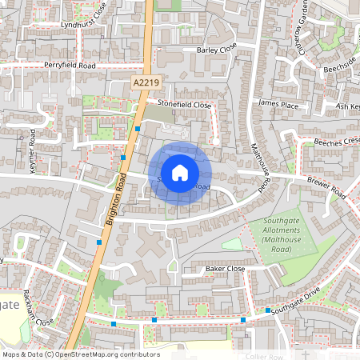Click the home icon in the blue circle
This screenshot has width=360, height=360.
coord(180,172)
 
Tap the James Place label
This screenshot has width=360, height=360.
coord(278,104)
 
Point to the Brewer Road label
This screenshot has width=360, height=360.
coord(326,188)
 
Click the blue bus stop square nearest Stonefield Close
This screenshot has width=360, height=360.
coord(138,128)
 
